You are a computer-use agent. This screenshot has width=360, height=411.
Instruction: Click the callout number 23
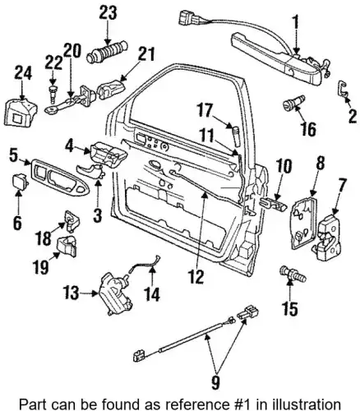coord(108,13)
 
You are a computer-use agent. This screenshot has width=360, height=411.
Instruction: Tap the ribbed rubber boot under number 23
coord(108,52)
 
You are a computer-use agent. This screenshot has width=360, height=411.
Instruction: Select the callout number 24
coord(23,73)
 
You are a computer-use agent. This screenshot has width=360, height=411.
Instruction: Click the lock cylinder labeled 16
coord(293,102)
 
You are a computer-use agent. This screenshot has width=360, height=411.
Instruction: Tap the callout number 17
coord(205,111)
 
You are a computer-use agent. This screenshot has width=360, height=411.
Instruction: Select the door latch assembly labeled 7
coord(327,237)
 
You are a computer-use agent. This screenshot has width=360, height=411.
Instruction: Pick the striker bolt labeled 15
coord(292,275)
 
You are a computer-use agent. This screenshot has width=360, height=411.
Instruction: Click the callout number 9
coord(215,382)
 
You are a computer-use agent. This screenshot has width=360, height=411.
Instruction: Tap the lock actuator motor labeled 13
coord(115,293)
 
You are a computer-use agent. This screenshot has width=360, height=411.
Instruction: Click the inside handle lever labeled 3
coord(90,171)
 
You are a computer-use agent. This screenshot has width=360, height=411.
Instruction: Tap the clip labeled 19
coord(67,247)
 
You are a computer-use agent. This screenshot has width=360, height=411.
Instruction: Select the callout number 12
coord(196,276)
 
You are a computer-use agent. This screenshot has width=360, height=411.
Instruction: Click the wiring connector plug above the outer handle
coord(186,17)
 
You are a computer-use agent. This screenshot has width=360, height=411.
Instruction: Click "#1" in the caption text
coord(245,404)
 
